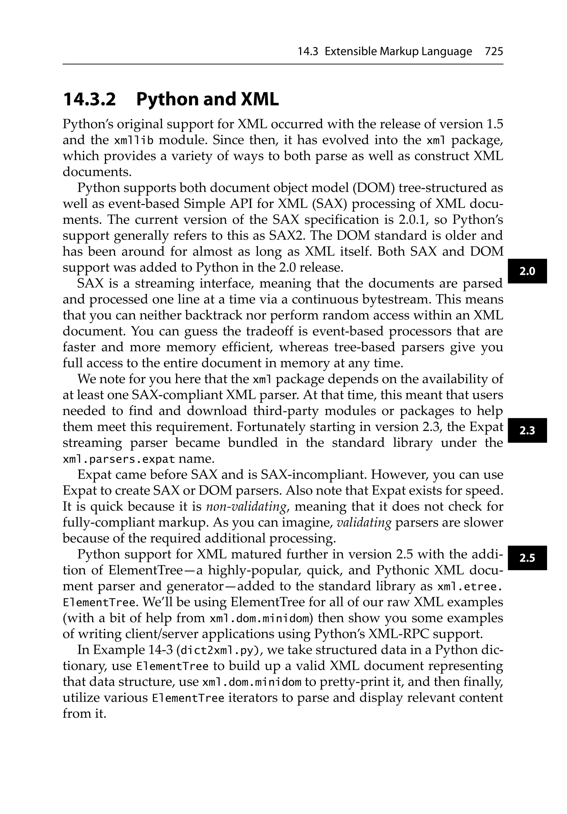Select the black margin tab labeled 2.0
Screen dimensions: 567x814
click(527, 272)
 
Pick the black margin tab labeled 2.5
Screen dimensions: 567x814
click(527, 558)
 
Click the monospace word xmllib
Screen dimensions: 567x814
click(134, 141)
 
